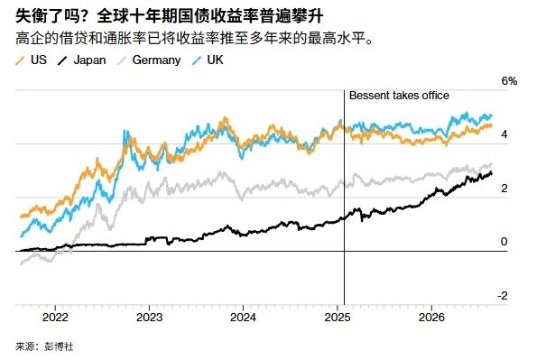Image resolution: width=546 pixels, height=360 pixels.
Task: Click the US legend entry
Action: (x=31, y=60)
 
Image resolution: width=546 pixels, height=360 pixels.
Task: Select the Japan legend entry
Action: (x=81, y=60)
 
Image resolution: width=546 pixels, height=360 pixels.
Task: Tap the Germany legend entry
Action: (x=149, y=60)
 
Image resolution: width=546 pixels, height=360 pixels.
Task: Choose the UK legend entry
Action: (x=208, y=60)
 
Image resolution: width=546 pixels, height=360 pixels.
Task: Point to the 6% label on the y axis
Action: (x=509, y=81)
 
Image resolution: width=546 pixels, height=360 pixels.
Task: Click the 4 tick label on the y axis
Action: (x=504, y=134)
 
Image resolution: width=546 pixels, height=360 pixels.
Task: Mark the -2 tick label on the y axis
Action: (x=503, y=296)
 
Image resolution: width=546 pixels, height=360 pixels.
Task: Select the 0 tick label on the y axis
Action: (x=504, y=242)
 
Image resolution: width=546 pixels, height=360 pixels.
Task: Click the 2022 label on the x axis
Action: (x=55, y=318)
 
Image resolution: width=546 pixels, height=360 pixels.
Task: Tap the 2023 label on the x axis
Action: (x=150, y=318)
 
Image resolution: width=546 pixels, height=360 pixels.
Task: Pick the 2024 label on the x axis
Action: (x=243, y=318)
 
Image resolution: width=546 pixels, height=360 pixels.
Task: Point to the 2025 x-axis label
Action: (x=338, y=318)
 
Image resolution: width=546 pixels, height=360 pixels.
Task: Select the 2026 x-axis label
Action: (x=431, y=318)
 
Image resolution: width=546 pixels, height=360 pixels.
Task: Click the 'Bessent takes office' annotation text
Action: (x=399, y=96)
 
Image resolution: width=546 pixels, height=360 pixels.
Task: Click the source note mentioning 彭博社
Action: (x=44, y=346)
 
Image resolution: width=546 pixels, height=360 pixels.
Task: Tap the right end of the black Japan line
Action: (x=492, y=173)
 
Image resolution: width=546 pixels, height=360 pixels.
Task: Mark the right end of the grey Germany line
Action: (x=492, y=163)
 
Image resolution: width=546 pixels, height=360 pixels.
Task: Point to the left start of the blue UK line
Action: (x=22, y=236)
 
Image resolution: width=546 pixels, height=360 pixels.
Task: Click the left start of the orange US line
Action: (x=22, y=217)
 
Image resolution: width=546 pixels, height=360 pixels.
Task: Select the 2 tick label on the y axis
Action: (x=504, y=189)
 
